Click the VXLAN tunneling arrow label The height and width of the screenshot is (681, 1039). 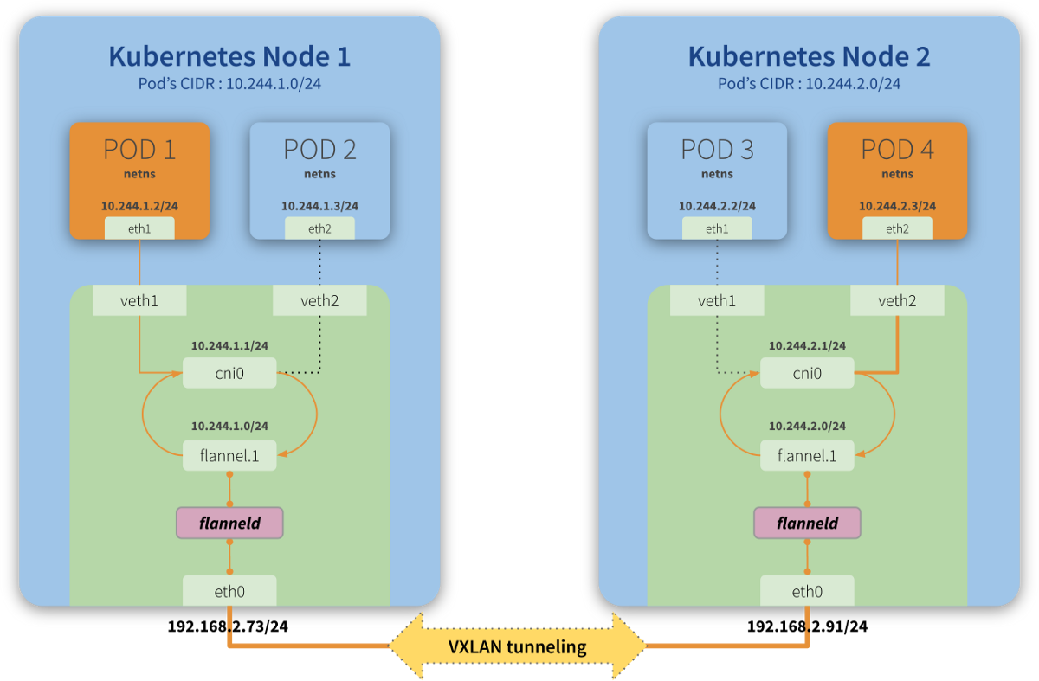coord(517,646)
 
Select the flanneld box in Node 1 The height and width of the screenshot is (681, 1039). coord(229,523)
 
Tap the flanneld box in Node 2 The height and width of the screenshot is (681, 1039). coord(807,523)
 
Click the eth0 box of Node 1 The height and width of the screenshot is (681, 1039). coord(229,591)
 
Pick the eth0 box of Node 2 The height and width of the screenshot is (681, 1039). coord(807,591)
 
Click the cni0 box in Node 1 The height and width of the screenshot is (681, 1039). coord(229,374)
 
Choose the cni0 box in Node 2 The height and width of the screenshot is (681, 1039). coord(807,374)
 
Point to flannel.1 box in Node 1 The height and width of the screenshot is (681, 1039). coord(229,455)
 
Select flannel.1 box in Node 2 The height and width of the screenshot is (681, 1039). coord(807,455)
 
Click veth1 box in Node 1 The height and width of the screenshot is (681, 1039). coord(139,300)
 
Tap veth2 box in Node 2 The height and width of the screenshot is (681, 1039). coord(897,300)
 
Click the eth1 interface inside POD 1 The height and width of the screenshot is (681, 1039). coord(139,228)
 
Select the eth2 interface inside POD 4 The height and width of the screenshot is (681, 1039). coord(897,228)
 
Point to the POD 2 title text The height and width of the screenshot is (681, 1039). coord(319,149)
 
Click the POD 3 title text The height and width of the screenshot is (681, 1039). coord(717,149)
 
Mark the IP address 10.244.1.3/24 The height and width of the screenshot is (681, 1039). coord(319,206)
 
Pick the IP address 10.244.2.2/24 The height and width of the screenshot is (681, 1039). coord(717,206)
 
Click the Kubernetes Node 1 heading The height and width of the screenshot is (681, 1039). coord(229,56)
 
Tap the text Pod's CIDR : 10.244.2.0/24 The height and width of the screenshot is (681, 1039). coord(809,84)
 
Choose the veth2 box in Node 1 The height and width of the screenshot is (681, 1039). coord(319,300)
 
